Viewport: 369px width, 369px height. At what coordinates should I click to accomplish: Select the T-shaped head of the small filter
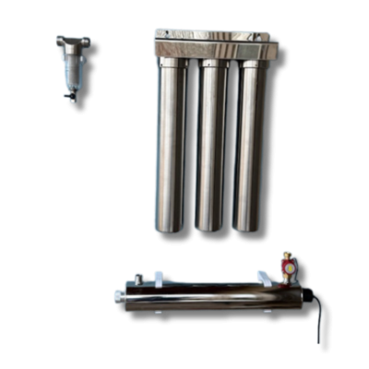(72, 42)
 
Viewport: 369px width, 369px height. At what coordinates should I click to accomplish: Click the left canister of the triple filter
(170, 148)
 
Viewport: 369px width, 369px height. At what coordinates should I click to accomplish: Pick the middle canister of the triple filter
(210, 148)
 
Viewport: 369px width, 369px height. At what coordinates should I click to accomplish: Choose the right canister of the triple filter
(249, 148)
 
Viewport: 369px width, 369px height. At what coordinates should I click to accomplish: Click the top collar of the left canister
(172, 64)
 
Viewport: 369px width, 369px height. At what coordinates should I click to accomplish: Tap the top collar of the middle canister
(212, 64)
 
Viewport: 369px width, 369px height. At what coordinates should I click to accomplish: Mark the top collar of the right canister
(252, 64)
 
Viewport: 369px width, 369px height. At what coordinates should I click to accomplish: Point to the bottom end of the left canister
(169, 226)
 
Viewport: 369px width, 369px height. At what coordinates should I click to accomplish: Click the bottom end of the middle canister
(209, 226)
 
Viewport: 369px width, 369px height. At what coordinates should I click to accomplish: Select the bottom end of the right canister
(248, 226)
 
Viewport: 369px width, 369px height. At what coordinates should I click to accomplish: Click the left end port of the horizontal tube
(118, 296)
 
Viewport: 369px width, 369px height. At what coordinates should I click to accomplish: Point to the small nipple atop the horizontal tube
(138, 277)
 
